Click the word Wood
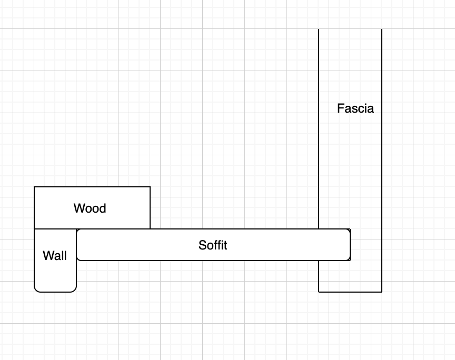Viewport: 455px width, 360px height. (90, 208)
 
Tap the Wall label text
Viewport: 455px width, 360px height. (55, 256)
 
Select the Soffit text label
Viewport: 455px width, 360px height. (213, 245)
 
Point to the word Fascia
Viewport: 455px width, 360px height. (355, 108)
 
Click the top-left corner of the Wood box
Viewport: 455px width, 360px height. (34, 187)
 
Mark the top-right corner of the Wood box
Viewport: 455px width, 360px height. (150, 187)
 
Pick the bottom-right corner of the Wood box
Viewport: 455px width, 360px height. (150, 229)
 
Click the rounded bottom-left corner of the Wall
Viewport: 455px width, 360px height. (36, 290)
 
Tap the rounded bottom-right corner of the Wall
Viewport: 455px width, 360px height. (75, 290)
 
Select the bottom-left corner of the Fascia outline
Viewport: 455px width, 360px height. (319, 292)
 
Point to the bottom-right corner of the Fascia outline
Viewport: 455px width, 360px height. (382, 292)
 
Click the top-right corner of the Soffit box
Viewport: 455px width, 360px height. (350, 229)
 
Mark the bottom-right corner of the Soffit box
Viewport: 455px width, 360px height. (350, 259)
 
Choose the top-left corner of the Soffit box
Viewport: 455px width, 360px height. (77, 230)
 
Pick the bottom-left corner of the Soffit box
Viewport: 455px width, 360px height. (77, 259)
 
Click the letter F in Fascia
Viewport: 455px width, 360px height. (340, 108)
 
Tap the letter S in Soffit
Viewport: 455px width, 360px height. (202, 245)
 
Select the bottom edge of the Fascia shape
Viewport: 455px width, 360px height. (350, 292)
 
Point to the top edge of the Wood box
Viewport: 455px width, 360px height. (92, 187)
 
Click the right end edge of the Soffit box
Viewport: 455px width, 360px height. (350, 245)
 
